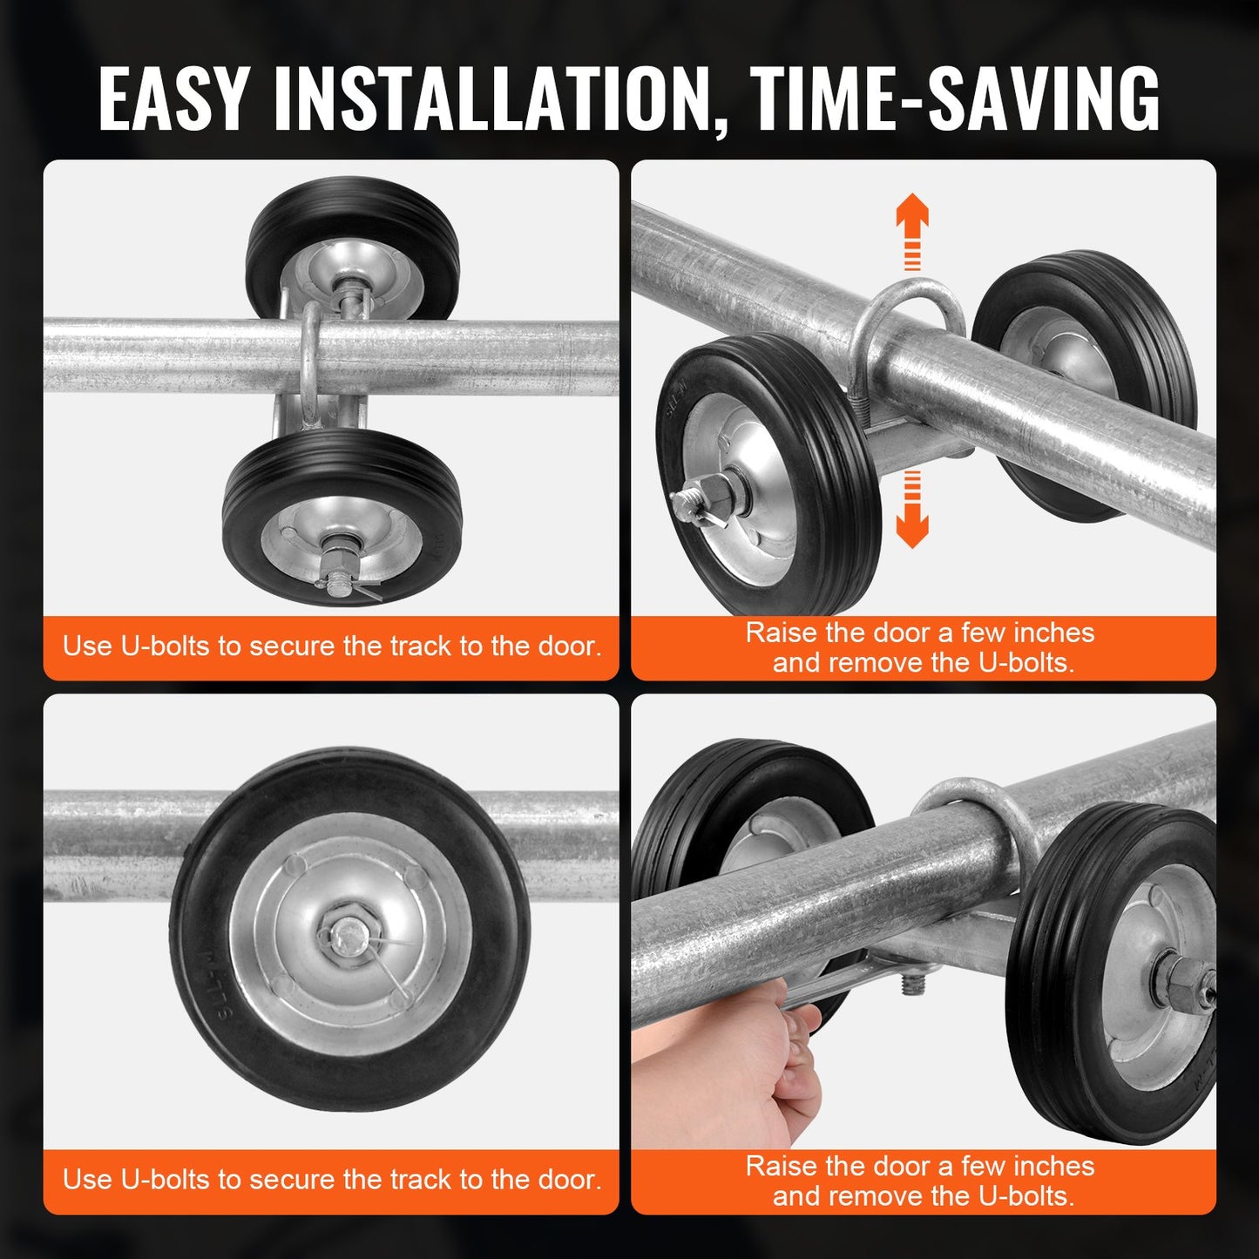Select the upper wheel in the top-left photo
pos(352,248)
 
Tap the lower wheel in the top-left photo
pos(342,519)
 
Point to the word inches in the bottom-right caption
pos(1053,1166)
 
